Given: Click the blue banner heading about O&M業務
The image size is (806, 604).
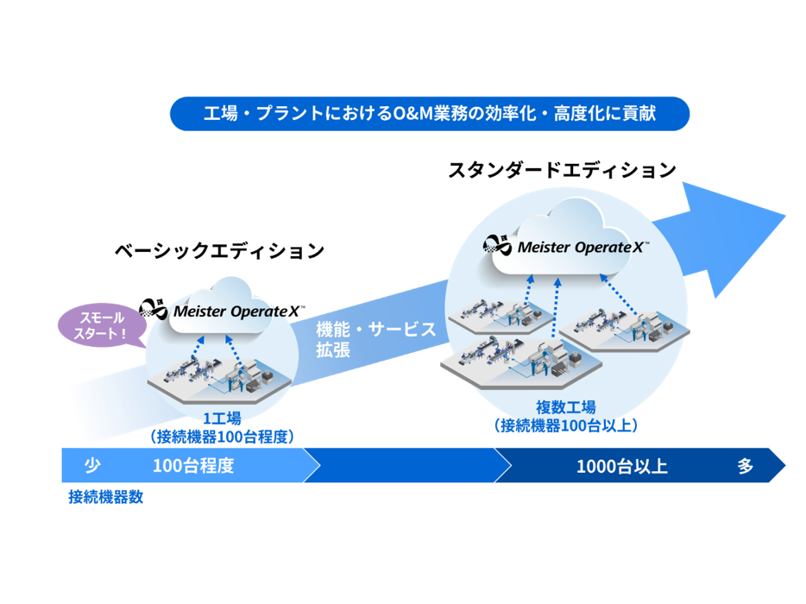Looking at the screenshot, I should pyautogui.click(x=429, y=113).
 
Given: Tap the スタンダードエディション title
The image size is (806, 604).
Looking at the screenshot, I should pyautogui.click(x=561, y=170).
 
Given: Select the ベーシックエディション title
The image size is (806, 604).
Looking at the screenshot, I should pyautogui.click(x=219, y=251).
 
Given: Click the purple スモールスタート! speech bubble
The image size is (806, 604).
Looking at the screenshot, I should pyautogui.click(x=97, y=326).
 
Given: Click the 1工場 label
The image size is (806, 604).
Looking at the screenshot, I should pyautogui.click(x=222, y=419).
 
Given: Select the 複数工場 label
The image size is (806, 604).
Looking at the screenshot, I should pyautogui.click(x=565, y=407).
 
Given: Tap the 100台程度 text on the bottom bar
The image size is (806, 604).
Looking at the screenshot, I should pyautogui.click(x=193, y=466).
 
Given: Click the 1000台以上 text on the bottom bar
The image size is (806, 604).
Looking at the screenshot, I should pyautogui.click(x=621, y=467).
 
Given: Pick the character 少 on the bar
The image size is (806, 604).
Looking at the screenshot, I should pyautogui.click(x=91, y=466).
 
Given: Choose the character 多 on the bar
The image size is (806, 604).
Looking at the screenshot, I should pyautogui.click(x=746, y=467).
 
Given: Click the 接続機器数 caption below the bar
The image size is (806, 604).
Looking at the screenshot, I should pyautogui.click(x=105, y=497).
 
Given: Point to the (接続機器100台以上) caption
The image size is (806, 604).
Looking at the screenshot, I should pyautogui.click(x=565, y=425).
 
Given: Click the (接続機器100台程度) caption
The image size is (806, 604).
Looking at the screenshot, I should pyautogui.click(x=222, y=437).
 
